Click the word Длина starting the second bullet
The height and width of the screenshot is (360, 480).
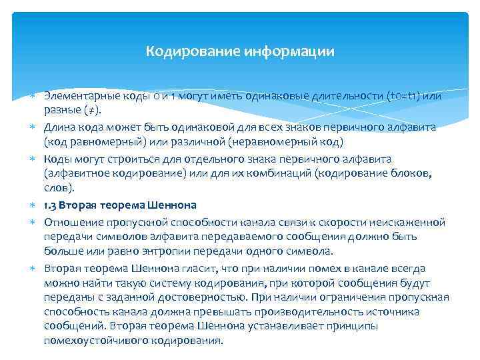point(59,127)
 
